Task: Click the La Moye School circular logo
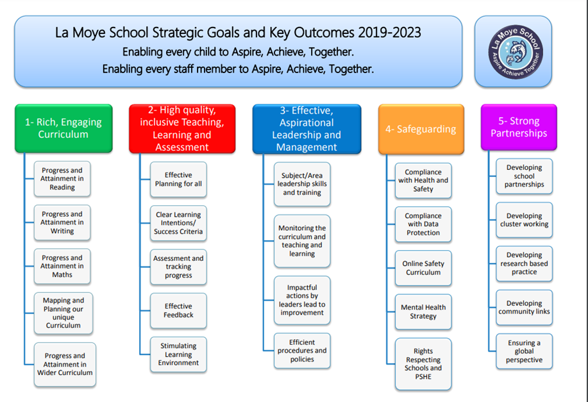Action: click(x=516, y=52)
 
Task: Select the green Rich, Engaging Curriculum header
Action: click(x=63, y=128)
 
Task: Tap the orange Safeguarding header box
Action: click(x=421, y=129)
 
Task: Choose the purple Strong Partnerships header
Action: click(x=519, y=127)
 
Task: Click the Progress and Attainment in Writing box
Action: click(x=62, y=222)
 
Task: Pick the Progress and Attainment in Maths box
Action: click(x=62, y=266)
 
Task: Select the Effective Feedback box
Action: click(x=178, y=310)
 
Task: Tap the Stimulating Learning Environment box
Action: click(x=178, y=355)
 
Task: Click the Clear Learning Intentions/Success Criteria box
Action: click(x=178, y=223)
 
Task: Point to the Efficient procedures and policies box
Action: click(x=302, y=351)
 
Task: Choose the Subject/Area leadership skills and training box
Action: click(x=302, y=184)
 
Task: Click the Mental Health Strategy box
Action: click(x=423, y=312)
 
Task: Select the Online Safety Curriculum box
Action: click(x=423, y=268)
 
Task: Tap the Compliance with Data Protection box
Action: click(x=423, y=224)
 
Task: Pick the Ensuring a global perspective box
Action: click(x=525, y=351)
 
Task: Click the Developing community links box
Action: click(x=525, y=308)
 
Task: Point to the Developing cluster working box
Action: click(x=525, y=220)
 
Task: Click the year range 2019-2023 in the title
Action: click(x=389, y=33)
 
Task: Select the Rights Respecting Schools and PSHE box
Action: click(x=423, y=364)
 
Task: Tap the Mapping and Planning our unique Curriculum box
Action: click(x=63, y=313)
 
